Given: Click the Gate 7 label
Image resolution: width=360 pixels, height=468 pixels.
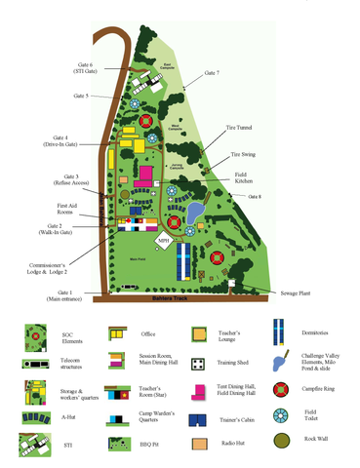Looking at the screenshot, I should pyautogui.click(x=212, y=73).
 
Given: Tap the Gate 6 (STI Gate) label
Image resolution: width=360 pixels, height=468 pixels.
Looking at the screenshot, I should pyautogui.click(x=84, y=68).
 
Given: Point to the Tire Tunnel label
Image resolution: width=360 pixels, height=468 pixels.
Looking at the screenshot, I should pyautogui.click(x=240, y=127).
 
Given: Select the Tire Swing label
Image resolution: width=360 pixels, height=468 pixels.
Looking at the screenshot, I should pyautogui.click(x=242, y=153).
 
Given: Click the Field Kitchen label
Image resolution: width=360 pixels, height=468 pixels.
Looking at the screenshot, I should pyautogui.click(x=245, y=176).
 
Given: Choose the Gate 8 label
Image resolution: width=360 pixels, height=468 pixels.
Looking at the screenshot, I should pyautogui.click(x=256, y=197).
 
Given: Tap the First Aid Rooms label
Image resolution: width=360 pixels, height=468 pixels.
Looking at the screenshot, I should pyautogui.click(x=66, y=210).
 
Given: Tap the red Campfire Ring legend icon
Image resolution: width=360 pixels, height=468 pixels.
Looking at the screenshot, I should pyautogui.click(x=282, y=389).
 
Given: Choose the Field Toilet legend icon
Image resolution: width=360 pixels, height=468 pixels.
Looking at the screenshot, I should pyautogui.click(x=282, y=415).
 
